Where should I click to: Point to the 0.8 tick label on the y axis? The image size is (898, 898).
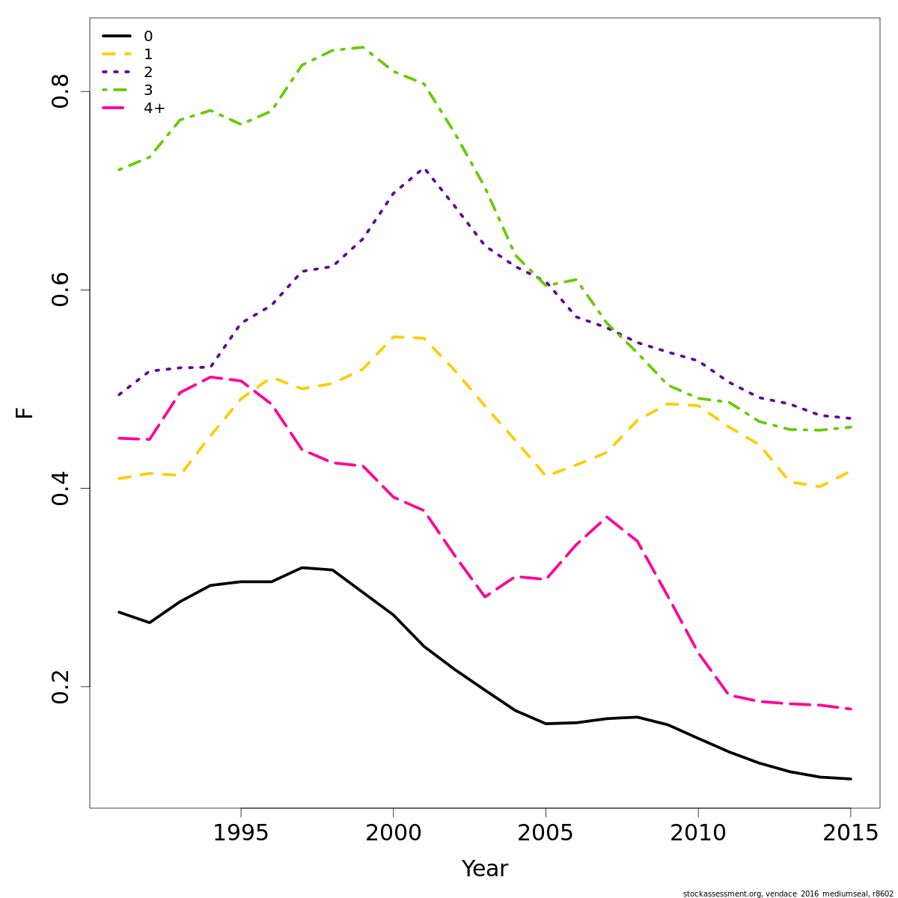click(x=61, y=91)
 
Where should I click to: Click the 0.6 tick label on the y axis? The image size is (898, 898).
click(x=61, y=290)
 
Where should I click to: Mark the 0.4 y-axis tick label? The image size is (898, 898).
click(x=61, y=488)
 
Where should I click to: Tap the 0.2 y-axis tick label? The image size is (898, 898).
click(x=61, y=686)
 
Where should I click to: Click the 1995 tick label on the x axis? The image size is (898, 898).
click(x=241, y=834)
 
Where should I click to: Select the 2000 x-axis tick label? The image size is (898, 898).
click(x=394, y=834)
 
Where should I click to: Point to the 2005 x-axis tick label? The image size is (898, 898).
click(x=546, y=834)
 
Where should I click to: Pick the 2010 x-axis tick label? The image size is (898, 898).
click(x=698, y=834)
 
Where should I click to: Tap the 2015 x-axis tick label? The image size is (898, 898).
click(x=850, y=834)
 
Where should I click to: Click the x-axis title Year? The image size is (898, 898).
click(x=485, y=870)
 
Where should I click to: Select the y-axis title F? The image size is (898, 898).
click(x=25, y=412)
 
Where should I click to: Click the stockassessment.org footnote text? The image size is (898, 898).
click(x=788, y=894)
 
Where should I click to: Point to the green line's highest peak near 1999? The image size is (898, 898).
click(x=363, y=47)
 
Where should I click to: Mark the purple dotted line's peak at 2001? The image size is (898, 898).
click(x=424, y=169)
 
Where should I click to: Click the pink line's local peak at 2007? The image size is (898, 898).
click(x=606, y=516)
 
